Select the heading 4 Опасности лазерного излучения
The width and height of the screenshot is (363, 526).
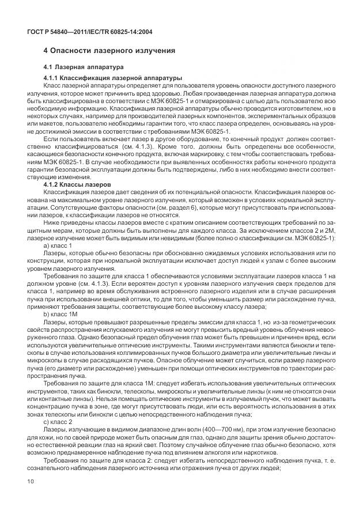pyautogui.click(x=109, y=51)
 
